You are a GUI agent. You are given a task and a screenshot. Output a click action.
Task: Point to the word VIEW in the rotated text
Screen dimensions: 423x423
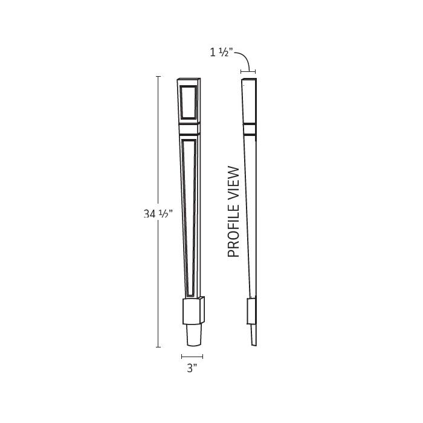[x=234, y=181]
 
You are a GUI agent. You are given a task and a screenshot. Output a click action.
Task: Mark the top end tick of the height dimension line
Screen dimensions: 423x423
[x=158, y=77]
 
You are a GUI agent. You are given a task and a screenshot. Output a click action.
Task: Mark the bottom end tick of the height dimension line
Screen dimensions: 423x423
[x=158, y=347]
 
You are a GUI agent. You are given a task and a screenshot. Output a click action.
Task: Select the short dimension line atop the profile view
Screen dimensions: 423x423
[x=248, y=71]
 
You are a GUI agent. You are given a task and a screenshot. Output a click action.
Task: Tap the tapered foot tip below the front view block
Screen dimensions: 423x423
[x=193, y=336]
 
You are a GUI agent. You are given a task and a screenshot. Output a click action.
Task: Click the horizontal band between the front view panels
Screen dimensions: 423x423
[x=190, y=128]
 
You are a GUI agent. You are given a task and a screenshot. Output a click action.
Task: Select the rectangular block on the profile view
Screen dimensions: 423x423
[x=253, y=312]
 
